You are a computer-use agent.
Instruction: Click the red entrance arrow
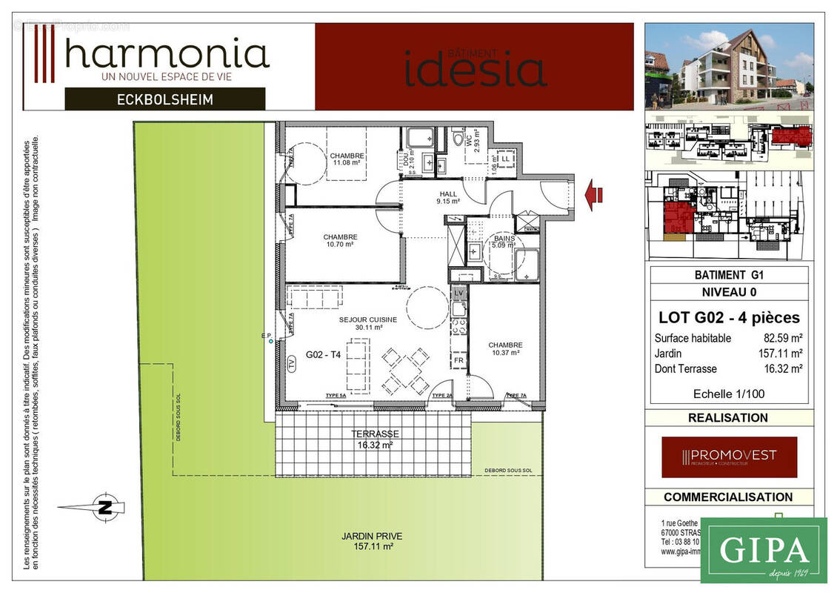click(594, 195)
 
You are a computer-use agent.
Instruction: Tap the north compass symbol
click(106, 507)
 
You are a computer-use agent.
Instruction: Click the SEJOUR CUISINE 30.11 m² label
click(368, 323)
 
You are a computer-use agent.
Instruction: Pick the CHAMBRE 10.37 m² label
click(505, 348)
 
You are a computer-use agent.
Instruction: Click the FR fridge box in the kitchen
click(458, 361)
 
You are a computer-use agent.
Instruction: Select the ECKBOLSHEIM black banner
click(165, 99)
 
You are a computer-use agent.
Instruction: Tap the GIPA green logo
click(763, 550)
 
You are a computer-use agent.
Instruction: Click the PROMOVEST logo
click(729, 456)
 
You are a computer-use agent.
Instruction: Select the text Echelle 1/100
click(728, 394)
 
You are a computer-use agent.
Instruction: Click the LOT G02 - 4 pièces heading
click(729, 317)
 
